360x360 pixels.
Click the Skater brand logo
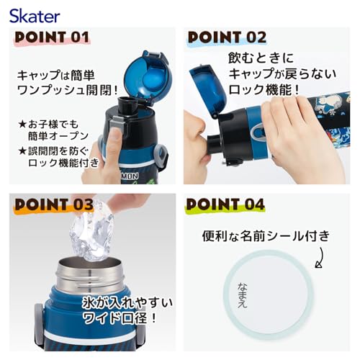click(35, 16)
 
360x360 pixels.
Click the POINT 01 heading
click(52, 37)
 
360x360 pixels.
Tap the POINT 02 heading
click(227, 37)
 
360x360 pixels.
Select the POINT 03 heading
click(54, 204)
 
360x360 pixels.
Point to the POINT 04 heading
click(225, 204)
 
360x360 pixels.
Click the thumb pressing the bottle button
click(114, 146)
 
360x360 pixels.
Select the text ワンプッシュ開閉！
click(68, 90)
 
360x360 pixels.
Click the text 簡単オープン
click(58, 136)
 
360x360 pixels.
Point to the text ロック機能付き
click(63, 163)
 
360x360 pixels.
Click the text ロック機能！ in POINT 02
click(264, 90)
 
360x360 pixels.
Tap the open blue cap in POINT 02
click(208, 90)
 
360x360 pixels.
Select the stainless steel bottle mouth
click(90, 274)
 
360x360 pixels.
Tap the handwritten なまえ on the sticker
click(242, 295)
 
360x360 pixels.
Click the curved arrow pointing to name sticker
click(320, 258)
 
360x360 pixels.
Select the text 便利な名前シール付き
click(266, 236)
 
